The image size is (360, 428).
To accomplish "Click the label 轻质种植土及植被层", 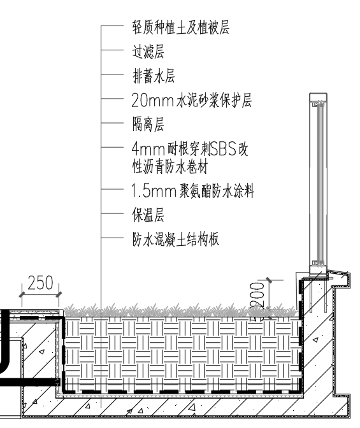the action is (180, 27).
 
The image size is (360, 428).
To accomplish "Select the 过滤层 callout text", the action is (148, 52).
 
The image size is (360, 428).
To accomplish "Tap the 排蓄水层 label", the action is (154, 76).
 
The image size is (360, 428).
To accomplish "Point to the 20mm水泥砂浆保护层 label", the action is (192, 100).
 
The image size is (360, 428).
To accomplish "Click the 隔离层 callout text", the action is (148, 124).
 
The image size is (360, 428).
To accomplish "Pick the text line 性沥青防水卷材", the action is (170, 167).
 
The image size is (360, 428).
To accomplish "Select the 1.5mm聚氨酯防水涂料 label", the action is (193, 190).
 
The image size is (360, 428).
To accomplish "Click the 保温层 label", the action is (148, 215).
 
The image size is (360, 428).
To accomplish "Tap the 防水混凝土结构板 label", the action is (176, 239).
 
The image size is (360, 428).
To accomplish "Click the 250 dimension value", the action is (40, 283).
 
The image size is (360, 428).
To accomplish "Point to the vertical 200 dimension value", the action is (257, 296).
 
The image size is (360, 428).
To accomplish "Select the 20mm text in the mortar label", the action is (152, 100).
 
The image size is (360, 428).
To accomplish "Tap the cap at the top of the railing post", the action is (318, 95).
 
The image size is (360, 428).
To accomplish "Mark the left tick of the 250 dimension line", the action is (22, 295).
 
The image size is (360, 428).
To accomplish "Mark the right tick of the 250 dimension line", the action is (59, 295).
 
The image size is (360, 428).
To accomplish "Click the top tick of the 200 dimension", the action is (269, 280).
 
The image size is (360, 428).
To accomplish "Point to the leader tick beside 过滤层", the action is (112, 50).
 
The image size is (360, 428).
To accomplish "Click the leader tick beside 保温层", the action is (112, 213).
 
